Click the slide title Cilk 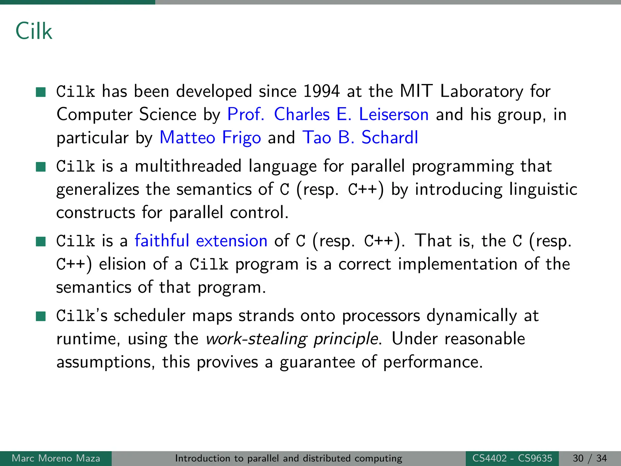(34, 31)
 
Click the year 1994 (321, 91)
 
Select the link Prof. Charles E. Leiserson (328, 115)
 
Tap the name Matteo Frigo (210, 138)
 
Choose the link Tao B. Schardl (360, 138)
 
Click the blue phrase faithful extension (201, 241)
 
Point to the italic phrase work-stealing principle (292, 339)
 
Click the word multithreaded (188, 167)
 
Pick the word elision (123, 264)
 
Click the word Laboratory (482, 91)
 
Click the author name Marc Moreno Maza (56, 458)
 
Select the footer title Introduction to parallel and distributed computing (288, 458)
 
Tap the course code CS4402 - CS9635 (512, 458)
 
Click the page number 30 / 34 (590, 458)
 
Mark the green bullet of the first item (41, 92)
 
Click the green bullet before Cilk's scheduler (41, 316)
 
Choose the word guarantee (317, 362)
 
